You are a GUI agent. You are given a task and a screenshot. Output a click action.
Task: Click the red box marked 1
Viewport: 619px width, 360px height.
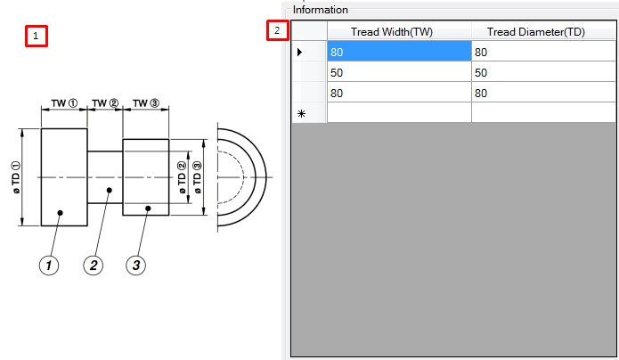[x=36, y=37]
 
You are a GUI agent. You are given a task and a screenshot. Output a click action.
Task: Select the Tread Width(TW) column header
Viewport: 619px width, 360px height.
[x=398, y=32]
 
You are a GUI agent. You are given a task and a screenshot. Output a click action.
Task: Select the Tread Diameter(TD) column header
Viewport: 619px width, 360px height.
[x=542, y=32]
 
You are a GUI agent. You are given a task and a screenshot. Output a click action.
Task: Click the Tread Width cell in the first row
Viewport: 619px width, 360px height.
[x=398, y=52]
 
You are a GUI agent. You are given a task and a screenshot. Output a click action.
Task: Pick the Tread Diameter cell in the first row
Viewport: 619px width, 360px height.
[x=542, y=52]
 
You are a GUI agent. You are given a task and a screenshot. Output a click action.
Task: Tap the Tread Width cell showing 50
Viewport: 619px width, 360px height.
[x=398, y=72]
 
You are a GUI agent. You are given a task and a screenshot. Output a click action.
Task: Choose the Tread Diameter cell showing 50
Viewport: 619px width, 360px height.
[x=542, y=72]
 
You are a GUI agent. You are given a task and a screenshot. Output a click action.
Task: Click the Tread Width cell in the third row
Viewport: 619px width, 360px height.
[x=398, y=93]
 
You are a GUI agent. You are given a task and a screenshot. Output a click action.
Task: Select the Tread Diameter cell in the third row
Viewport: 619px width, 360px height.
[x=542, y=93]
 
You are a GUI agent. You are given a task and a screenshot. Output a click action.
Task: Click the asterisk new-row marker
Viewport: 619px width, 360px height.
[x=301, y=113]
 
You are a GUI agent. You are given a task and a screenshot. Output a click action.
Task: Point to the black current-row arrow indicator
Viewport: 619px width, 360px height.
[x=299, y=52]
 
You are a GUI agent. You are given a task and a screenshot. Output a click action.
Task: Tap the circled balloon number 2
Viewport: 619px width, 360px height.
[x=94, y=265]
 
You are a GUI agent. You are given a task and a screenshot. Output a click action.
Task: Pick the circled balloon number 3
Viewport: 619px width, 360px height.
[x=135, y=265]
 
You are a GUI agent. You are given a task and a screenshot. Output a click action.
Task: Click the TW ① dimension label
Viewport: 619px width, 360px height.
[x=64, y=103]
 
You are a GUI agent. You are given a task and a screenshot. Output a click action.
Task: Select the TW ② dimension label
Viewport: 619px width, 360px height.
[x=105, y=103]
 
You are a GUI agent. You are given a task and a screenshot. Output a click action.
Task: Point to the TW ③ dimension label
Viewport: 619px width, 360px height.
[x=146, y=103]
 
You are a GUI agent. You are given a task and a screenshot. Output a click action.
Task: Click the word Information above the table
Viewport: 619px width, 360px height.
[x=320, y=10]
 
